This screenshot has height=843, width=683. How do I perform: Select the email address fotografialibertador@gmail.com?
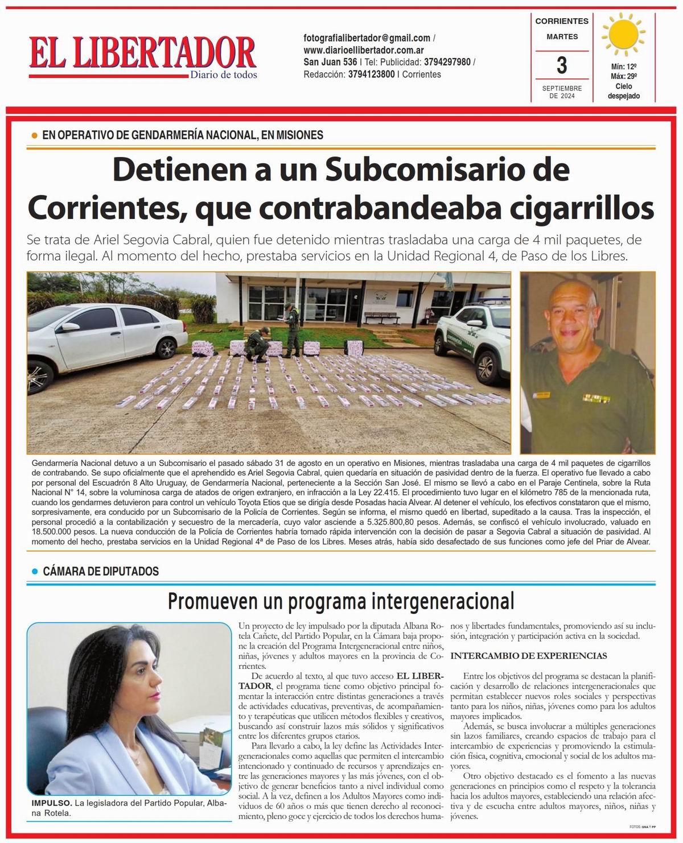tap(367, 38)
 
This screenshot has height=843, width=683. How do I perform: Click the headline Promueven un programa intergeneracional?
tap(341, 601)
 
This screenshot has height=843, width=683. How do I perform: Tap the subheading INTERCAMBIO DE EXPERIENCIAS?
tap(528, 656)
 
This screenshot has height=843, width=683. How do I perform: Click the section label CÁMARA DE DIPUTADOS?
tap(101, 571)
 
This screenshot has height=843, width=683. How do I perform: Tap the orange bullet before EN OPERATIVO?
tap(34, 135)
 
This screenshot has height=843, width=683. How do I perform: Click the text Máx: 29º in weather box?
tap(623, 76)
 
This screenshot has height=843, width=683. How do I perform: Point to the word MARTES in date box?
tap(562, 37)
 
